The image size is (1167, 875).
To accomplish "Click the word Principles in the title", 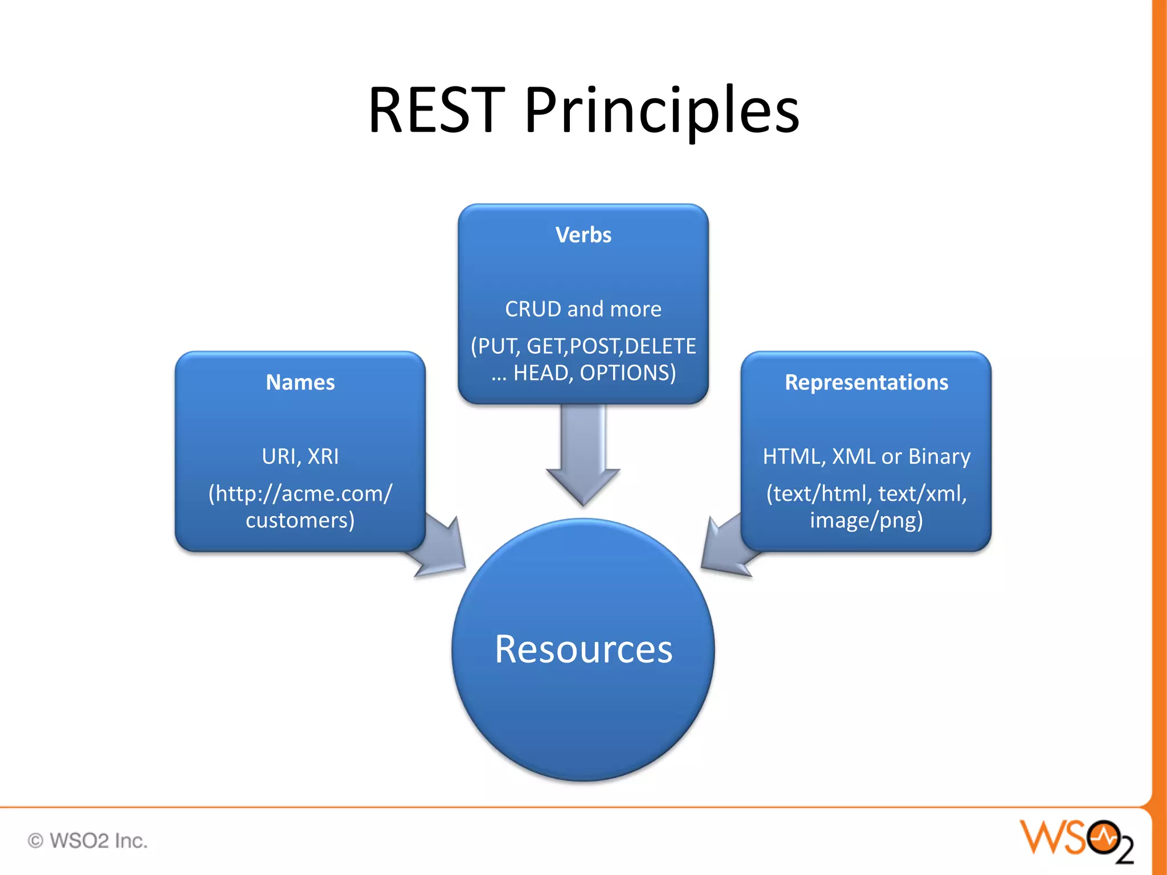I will (662, 111).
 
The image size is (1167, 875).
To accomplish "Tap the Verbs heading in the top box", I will (583, 235).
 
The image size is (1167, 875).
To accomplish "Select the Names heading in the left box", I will (300, 382).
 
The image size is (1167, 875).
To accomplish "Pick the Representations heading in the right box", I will (866, 382).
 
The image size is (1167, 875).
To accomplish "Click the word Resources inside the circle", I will (583, 649).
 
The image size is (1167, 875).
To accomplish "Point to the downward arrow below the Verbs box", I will (583, 456).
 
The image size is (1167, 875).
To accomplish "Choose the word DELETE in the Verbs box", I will (660, 346).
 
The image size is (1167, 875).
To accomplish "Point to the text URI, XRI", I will (300, 456).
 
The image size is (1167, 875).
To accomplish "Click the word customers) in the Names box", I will (300, 521).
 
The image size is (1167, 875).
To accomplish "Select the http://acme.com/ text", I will (300, 493).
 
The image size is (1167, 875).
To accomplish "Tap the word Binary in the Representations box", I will (939, 456).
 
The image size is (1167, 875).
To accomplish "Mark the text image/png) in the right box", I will (866, 521).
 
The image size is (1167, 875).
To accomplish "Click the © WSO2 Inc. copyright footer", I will (88, 841).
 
